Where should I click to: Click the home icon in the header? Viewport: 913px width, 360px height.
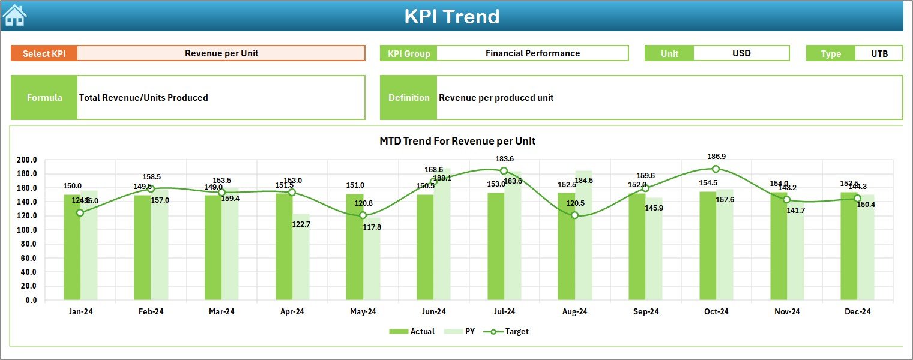(14, 15)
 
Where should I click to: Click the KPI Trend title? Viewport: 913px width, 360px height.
(451, 16)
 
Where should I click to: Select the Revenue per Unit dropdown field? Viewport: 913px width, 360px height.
(221, 53)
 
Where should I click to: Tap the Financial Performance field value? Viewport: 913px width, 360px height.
(532, 53)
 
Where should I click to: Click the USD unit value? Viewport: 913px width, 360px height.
(741, 53)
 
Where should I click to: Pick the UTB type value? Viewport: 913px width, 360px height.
(879, 53)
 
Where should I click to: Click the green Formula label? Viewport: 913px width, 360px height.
(44, 98)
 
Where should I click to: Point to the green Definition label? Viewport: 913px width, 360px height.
(409, 98)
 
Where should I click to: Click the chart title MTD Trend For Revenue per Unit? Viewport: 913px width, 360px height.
(457, 141)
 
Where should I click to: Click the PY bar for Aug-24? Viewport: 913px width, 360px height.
(583, 240)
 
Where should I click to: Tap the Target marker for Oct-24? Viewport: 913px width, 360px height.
(716, 169)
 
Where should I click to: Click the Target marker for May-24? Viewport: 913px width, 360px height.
(363, 215)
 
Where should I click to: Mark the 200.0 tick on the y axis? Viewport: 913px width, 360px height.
(28, 160)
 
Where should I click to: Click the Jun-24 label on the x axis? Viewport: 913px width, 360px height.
(433, 312)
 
